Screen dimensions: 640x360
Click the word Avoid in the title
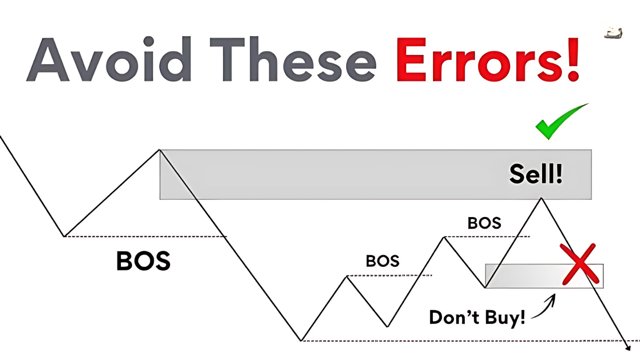pos(109,59)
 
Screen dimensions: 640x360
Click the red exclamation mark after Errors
pos(572,59)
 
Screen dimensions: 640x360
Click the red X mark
pos(579,264)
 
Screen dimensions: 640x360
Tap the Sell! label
pos(536,174)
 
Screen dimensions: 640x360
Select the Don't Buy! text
pos(477,317)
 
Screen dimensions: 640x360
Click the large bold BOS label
pos(143,261)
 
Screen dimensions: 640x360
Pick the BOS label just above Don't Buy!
pos(383,261)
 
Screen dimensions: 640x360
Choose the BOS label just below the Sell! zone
pos(484,223)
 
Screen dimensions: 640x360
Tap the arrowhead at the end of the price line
pos(628,348)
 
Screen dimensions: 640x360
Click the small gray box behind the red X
pos(544,276)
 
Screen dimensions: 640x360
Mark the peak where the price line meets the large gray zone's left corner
pos(160,150)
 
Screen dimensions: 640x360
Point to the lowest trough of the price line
pos(301,341)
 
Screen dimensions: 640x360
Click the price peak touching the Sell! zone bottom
pos(541,198)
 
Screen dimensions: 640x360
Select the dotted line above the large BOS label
pos(145,236)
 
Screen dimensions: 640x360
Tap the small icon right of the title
pos(613,33)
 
